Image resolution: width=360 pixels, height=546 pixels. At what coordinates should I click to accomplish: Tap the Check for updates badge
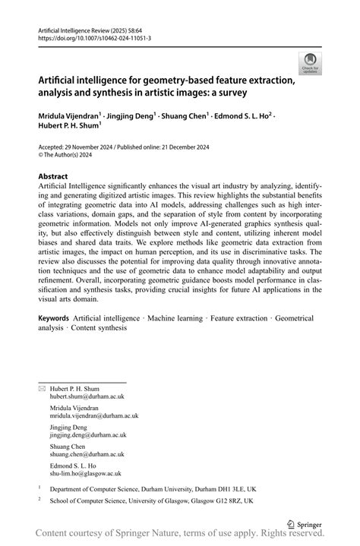click(x=309, y=63)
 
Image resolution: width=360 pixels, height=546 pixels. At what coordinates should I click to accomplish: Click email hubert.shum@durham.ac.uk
click(x=87, y=396)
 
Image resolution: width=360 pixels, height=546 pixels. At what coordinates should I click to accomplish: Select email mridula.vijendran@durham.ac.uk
click(x=94, y=415)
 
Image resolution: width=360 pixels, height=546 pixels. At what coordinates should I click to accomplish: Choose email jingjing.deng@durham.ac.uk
click(x=88, y=435)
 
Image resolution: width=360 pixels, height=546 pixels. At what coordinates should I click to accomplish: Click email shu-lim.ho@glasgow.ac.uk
click(x=87, y=475)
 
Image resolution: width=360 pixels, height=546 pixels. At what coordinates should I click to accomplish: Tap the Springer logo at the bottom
click(x=305, y=523)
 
